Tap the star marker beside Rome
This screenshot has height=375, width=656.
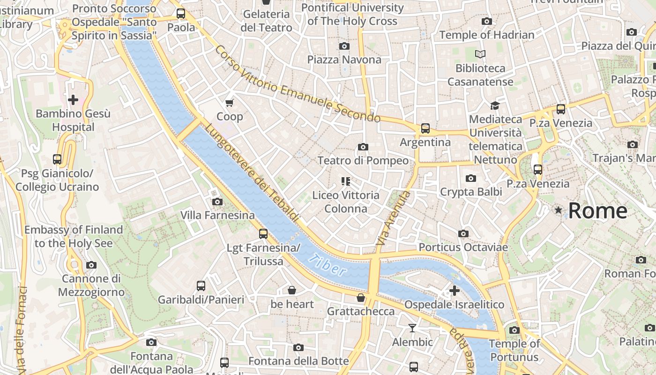point(558,210)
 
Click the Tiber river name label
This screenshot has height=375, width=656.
point(328,265)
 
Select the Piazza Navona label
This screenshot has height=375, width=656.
point(344,60)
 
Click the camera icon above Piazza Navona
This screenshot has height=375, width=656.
point(344,46)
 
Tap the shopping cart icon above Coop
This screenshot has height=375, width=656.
point(230,103)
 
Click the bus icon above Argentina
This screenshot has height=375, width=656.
point(425,128)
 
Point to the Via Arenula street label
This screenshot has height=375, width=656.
point(393,218)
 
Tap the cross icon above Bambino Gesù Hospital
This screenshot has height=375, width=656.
point(73,99)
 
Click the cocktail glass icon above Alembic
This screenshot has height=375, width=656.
point(412,328)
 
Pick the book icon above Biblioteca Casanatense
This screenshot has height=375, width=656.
point(480,54)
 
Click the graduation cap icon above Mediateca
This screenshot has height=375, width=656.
point(495,105)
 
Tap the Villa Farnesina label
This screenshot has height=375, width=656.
point(218,216)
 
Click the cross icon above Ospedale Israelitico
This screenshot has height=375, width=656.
point(454,291)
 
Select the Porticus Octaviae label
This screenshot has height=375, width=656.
point(463,247)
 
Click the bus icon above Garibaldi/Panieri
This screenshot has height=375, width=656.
point(201,285)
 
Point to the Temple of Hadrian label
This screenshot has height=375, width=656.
point(487,35)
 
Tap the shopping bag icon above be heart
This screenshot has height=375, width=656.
point(292,290)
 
